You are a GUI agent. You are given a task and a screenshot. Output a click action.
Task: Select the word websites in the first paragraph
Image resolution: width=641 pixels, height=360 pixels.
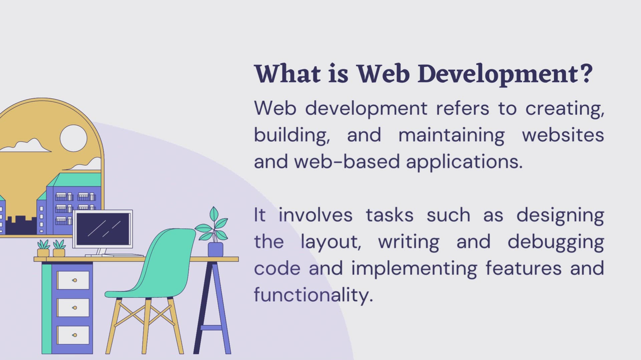(563, 135)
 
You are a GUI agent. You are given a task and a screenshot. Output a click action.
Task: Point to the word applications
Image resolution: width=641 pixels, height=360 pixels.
(464, 162)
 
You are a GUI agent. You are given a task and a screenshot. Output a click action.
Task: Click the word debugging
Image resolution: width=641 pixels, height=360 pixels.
(556, 242)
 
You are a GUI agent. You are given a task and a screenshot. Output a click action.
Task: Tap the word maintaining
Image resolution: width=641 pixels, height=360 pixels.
(451, 135)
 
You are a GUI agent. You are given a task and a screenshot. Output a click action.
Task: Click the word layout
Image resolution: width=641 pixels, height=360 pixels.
(331, 242)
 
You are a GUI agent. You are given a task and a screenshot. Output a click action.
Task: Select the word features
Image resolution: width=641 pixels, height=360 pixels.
(523, 268)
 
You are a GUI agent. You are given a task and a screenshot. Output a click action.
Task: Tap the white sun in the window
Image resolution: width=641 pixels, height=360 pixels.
(73, 138)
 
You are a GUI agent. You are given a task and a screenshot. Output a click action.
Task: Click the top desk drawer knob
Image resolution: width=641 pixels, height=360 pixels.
(75, 280)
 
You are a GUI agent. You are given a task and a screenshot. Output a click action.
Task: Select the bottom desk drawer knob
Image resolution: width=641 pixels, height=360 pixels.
(75, 335)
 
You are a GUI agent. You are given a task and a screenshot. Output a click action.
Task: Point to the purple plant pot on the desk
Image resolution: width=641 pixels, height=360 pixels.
(215, 249)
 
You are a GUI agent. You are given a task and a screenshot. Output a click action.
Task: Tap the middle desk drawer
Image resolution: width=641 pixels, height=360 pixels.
(73, 307)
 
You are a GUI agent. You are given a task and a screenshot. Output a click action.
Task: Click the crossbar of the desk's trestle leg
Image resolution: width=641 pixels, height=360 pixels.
(211, 327)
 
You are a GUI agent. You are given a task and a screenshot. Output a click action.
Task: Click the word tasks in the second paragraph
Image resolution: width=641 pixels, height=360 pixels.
(389, 215)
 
